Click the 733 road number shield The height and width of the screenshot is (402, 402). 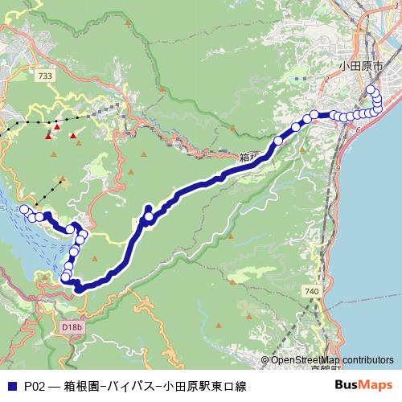(x=45, y=75)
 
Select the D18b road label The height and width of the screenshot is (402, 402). (x=72, y=327)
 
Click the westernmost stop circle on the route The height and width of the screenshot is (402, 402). (x=24, y=210)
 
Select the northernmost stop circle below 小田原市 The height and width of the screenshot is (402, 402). (x=370, y=89)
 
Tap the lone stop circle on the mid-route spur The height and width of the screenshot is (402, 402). (x=149, y=217)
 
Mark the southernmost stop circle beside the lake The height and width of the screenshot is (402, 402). (x=66, y=277)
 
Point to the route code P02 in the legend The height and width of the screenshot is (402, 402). (x=34, y=386)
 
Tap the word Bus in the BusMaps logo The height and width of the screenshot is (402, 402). (x=346, y=385)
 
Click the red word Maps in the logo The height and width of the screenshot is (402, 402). (x=376, y=385)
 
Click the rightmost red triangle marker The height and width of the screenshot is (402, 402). (x=73, y=136)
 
